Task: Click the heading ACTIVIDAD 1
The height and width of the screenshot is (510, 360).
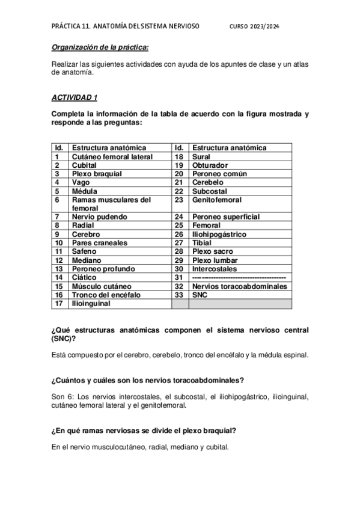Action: [x=74, y=97]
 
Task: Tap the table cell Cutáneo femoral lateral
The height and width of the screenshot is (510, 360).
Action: [x=112, y=156]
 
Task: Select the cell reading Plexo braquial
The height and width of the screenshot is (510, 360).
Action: [x=97, y=173]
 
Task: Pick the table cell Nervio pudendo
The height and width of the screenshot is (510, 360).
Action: [x=100, y=217]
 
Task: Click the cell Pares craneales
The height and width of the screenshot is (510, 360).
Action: [x=99, y=242]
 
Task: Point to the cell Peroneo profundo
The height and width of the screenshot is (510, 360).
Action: [x=103, y=268]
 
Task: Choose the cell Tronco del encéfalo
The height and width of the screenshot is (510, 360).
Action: [x=105, y=295]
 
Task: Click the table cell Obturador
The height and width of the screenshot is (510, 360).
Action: [x=210, y=165]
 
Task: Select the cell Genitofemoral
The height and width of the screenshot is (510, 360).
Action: [x=217, y=199]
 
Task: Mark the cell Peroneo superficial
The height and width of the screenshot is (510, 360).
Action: [x=226, y=217]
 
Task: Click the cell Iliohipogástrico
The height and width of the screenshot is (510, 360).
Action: [x=219, y=234]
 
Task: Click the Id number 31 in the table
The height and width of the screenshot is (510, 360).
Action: [x=178, y=277]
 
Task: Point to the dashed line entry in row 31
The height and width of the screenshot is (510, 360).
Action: [x=239, y=277]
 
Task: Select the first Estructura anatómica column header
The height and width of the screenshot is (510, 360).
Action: [x=109, y=147]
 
